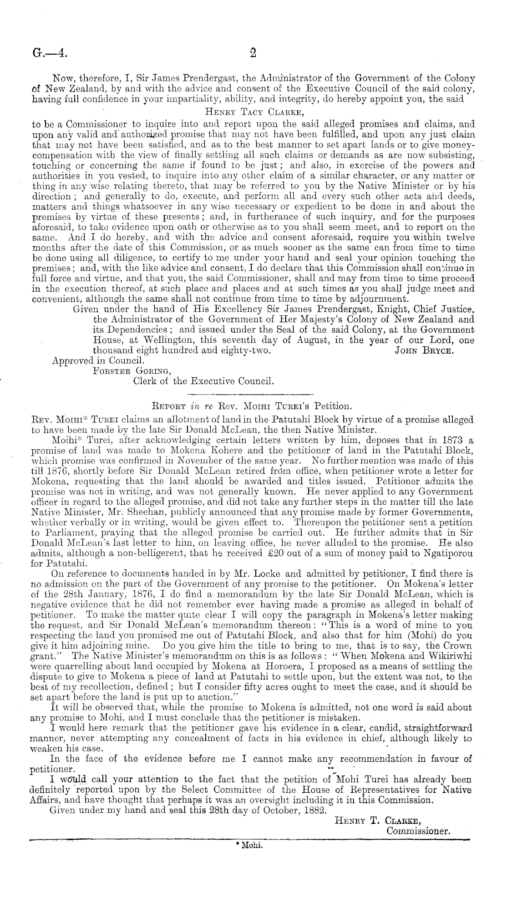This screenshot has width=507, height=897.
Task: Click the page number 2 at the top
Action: click(253, 53)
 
